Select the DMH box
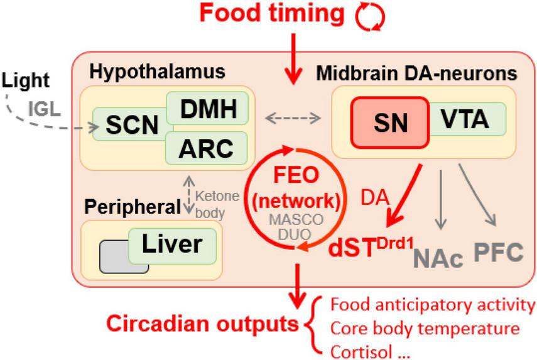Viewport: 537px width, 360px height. [207, 111]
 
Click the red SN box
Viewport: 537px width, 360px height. [390, 123]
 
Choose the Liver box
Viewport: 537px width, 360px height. [173, 244]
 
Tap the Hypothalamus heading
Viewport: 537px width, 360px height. [157, 72]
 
